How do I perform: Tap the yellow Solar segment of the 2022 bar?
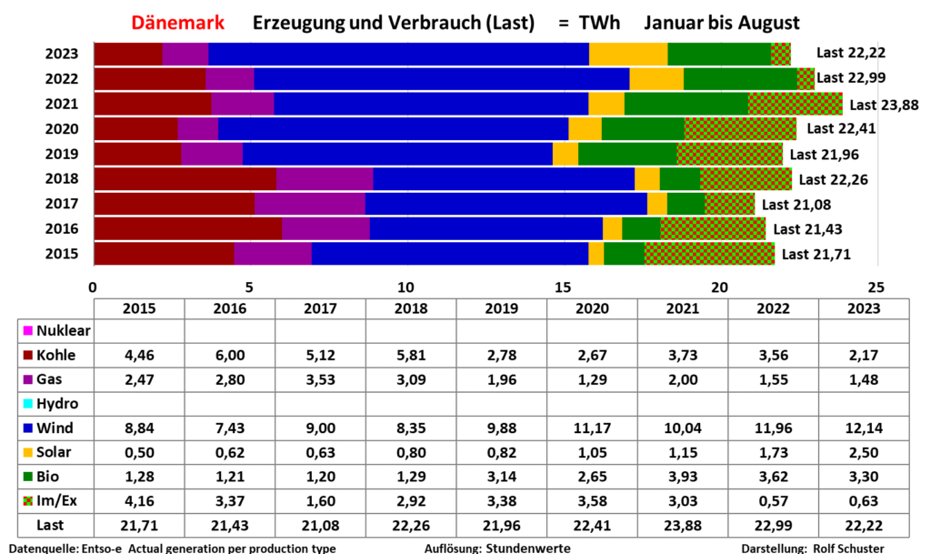pos(656,79)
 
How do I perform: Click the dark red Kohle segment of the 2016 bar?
pos(187,228)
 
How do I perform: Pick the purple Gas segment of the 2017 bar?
pos(309,204)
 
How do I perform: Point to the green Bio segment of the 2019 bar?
pos(627,154)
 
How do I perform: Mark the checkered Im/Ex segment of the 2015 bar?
pos(709,253)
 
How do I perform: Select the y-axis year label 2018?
pos(62,179)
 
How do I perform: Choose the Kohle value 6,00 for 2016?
pos(229,356)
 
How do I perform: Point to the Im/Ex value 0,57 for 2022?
pos(774,501)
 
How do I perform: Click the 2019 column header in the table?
pos(501,308)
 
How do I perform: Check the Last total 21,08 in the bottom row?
pos(320,525)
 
